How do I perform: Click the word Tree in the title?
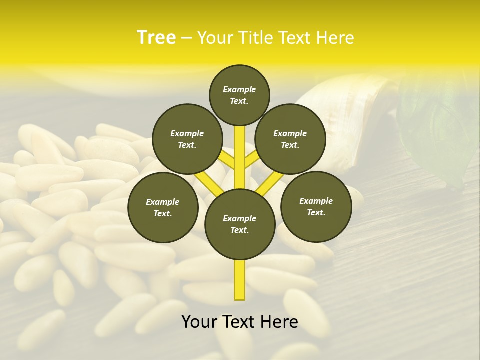pyautogui.click(x=156, y=38)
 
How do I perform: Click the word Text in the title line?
pyautogui.click(x=293, y=38)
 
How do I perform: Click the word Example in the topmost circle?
pyautogui.click(x=239, y=89)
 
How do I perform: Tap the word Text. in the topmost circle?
pyautogui.click(x=239, y=101)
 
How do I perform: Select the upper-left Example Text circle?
pyautogui.click(x=187, y=139)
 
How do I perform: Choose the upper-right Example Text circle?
pyautogui.click(x=290, y=139)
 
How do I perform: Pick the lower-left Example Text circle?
pyautogui.click(x=163, y=207)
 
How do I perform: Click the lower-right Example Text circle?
pyautogui.click(x=316, y=206)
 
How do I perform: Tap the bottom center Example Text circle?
pyautogui.click(x=240, y=224)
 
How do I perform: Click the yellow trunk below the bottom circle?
pyautogui.click(x=240, y=280)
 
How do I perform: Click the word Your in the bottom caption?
pyautogui.click(x=199, y=322)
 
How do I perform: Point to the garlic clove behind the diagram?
pyautogui.click(x=345, y=120)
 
